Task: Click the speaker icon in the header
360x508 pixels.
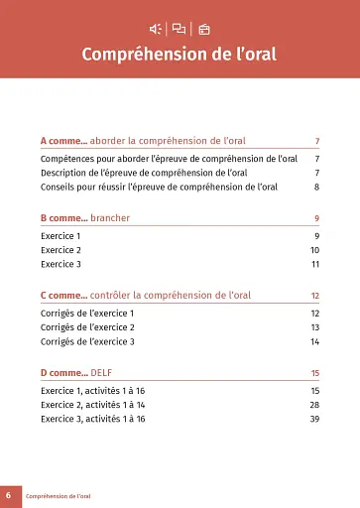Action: pos(156,28)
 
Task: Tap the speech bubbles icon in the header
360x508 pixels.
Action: pos(179,28)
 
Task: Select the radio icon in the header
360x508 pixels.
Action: pos(204,28)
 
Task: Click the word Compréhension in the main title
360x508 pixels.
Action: pos(145,53)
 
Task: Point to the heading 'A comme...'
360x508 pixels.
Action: pos(64,142)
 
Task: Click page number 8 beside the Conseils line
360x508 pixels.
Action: pos(316,187)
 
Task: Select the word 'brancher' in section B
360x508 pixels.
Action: pos(110,217)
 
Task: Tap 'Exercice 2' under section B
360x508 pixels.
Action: pos(61,250)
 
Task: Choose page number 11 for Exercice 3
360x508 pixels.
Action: pos(314,265)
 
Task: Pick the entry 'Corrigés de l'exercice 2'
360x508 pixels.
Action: pos(88,327)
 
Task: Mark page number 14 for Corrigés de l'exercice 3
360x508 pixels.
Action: pos(314,342)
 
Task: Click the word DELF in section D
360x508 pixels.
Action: pos(102,372)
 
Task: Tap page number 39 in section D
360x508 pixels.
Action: pos(314,420)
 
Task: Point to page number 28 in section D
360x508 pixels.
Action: pos(314,405)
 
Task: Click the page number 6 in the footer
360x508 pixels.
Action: pos(8,494)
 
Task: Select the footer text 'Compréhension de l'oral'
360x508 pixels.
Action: pos(58,494)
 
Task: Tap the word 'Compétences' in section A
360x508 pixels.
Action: pos(68,158)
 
